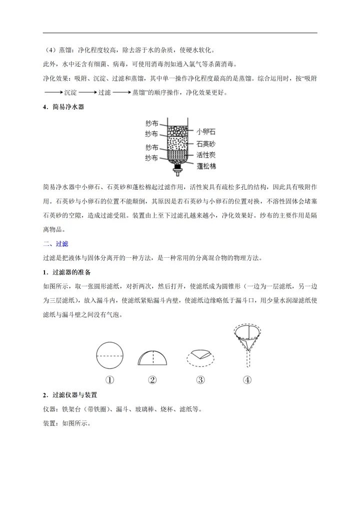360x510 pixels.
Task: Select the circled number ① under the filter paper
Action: pos(109,379)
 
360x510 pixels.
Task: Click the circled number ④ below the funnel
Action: pos(247,379)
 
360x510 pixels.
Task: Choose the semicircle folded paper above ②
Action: pos(153,358)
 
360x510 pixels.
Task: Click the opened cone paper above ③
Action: pos(201,356)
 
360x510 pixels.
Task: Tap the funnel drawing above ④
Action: pos(247,345)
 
